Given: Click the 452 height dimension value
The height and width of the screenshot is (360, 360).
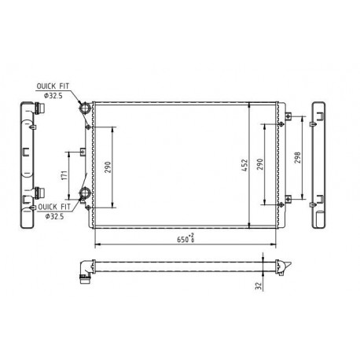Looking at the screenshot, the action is (x=244, y=165).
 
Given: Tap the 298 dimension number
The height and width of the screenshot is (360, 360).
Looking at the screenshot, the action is (x=297, y=158).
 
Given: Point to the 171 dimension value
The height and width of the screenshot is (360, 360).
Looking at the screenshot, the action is (x=64, y=175).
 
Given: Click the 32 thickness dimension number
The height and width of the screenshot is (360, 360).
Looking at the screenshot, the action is (x=259, y=285).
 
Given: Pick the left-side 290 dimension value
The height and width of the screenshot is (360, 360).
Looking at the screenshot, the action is (x=108, y=167).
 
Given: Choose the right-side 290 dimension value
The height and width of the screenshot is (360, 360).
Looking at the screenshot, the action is (x=259, y=164).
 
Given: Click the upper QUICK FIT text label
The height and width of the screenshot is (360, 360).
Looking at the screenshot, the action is (x=53, y=86).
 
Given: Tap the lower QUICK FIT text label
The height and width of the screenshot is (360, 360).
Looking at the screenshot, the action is (x=54, y=207).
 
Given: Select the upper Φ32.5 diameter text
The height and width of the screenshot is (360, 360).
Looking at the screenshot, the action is (x=53, y=96).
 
